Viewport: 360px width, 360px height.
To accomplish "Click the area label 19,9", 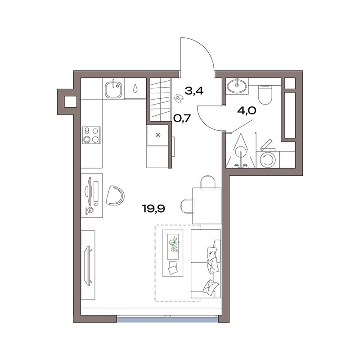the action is pyautogui.click(x=153, y=209).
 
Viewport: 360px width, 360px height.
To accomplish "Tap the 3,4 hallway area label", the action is pyautogui.click(x=194, y=91).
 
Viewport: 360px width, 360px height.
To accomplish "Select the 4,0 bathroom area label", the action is pyautogui.click(x=247, y=111).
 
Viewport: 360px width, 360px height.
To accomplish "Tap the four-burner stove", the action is pyautogui.click(x=91, y=135).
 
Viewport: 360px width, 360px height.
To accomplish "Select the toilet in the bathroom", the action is pyautogui.click(x=265, y=95).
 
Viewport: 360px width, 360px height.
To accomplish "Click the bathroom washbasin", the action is pyautogui.click(x=237, y=86).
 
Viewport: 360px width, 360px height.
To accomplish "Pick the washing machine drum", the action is pyautogui.click(x=267, y=159).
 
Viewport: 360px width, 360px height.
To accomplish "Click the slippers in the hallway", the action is pyautogui.click(x=178, y=98).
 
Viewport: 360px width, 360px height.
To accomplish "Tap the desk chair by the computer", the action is pyautogui.click(x=115, y=195).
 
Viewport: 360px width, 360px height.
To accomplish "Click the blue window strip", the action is pyautogui.click(x=167, y=319).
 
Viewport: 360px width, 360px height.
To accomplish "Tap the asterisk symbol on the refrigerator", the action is pyautogui.click(x=158, y=135).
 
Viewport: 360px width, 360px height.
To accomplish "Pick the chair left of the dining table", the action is pyautogui.click(x=187, y=206).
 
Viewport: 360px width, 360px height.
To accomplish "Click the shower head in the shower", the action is pyautogui.click(x=240, y=152).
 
